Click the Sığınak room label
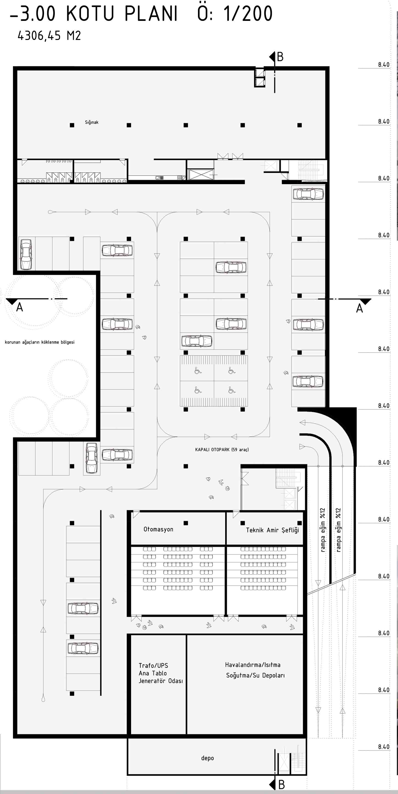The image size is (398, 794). click(x=92, y=122)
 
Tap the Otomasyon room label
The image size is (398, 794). click(x=158, y=529)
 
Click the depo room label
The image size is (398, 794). click(x=207, y=758)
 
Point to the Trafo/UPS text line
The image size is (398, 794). click(x=153, y=665)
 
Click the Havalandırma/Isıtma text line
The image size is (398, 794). click(x=253, y=665)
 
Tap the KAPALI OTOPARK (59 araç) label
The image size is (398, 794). click(x=222, y=450)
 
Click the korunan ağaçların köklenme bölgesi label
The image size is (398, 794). click(x=39, y=342)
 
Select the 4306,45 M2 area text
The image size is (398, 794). click(x=49, y=36)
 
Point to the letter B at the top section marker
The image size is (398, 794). click(x=280, y=57)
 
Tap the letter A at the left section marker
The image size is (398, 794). click(x=19, y=308)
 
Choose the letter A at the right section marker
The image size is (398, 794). click(x=359, y=309)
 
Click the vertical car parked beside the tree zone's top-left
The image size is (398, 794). click(x=26, y=254)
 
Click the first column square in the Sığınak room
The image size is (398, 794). click(x=72, y=125)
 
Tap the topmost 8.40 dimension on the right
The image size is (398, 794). click(x=384, y=65)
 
